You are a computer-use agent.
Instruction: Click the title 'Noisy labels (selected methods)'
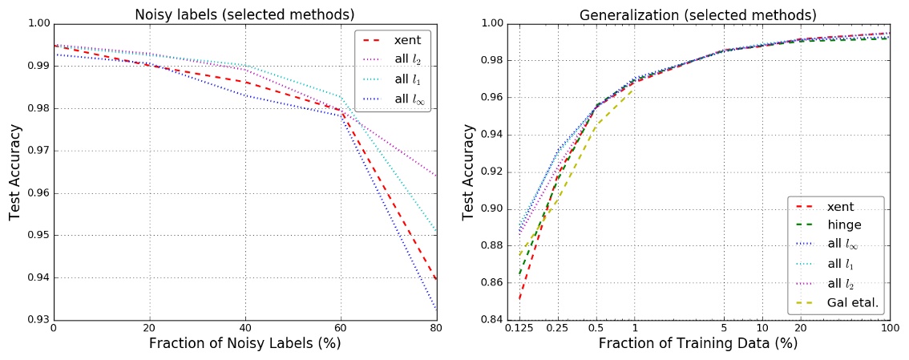[244, 14]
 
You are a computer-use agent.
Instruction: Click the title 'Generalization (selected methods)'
[697, 14]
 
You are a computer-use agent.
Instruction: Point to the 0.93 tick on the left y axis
[36, 320]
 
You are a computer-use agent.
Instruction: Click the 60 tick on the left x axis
[341, 329]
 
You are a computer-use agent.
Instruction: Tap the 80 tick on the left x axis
[436, 329]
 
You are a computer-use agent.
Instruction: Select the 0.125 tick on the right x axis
[519, 329]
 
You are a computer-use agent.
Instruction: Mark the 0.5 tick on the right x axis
[596, 329]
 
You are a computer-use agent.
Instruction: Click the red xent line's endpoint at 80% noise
[436, 280]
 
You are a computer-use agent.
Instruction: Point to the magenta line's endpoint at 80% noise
[436, 176]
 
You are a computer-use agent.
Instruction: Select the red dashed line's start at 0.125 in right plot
[519, 299]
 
